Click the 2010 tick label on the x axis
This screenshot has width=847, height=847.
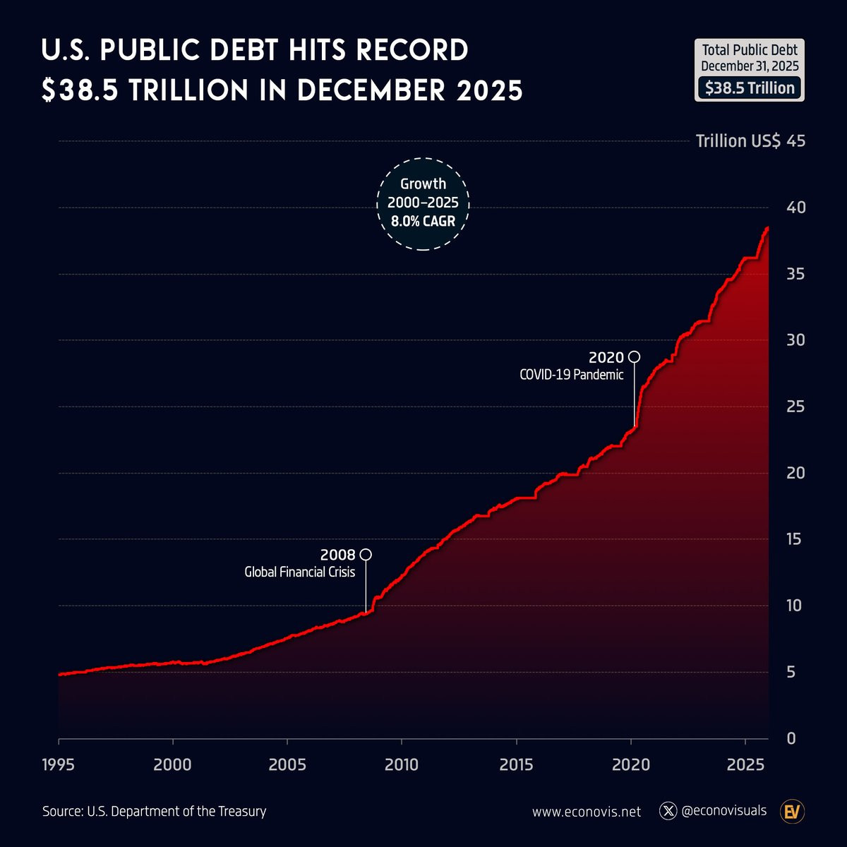click(402, 764)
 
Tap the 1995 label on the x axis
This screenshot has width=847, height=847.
click(59, 764)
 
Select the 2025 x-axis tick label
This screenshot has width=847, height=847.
click(745, 764)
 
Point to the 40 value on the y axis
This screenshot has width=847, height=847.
click(795, 208)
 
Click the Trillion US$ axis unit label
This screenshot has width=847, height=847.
click(738, 141)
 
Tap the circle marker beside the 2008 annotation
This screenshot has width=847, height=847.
click(366, 555)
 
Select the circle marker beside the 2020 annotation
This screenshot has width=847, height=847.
click(635, 356)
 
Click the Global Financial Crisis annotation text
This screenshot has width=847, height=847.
click(300, 572)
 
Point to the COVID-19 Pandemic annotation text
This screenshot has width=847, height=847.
click(572, 375)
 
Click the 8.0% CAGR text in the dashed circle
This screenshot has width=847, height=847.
click(423, 222)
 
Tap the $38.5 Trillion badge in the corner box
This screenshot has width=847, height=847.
click(750, 88)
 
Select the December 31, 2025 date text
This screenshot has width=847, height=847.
click(750, 66)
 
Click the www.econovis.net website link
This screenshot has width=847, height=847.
click(587, 812)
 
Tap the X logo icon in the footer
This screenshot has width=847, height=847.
click(668, 811)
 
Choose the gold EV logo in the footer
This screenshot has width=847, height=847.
click(793, 812)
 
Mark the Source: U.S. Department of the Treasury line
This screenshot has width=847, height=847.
click(155, 812)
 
